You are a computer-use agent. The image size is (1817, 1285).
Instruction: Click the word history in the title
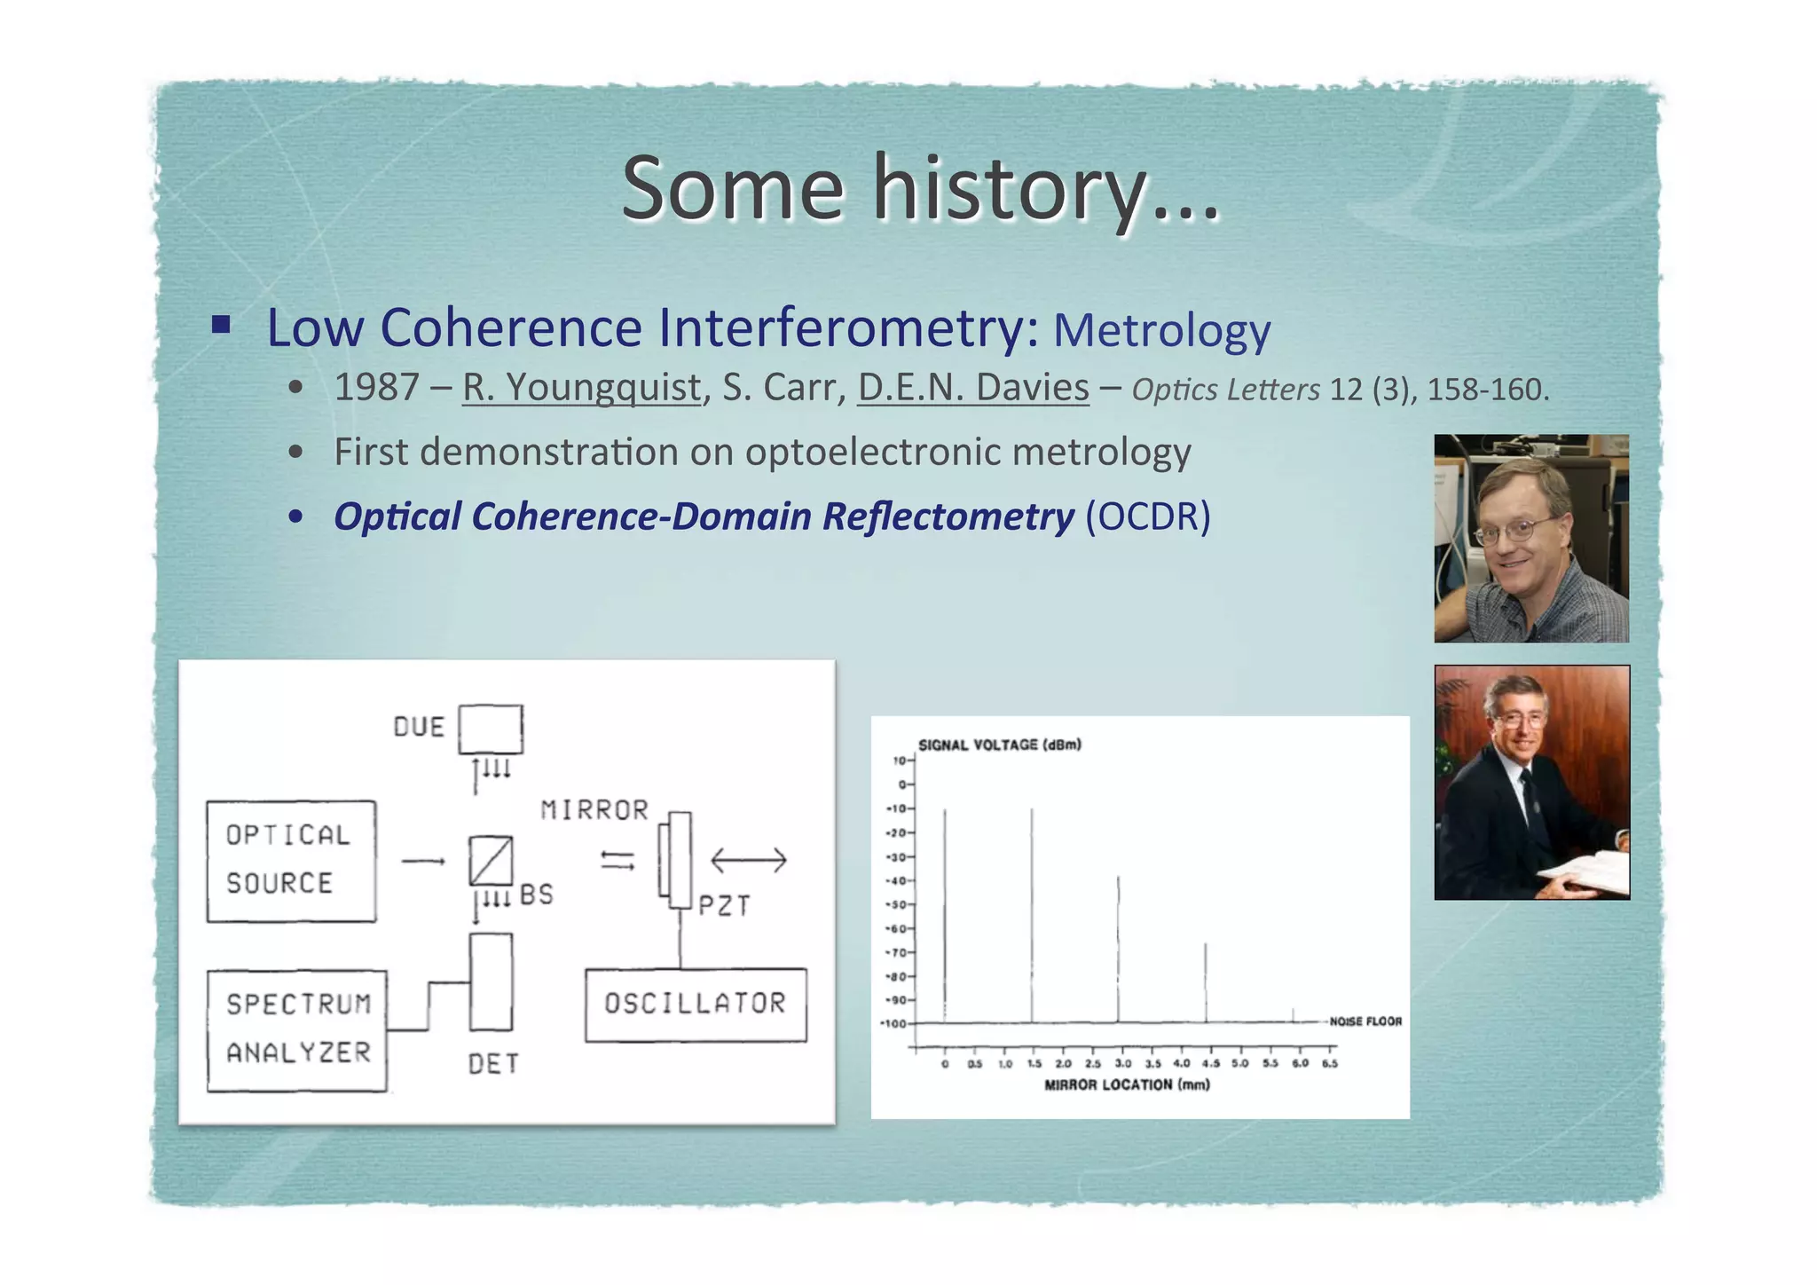coord(1007,189)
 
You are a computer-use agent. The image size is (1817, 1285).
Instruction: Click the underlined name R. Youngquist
coord(581,388)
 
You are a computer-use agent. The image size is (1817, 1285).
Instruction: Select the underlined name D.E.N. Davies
coord(972,388)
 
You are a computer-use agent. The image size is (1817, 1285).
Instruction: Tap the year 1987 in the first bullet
coord(376,388)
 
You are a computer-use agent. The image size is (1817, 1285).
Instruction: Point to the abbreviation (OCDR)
coord(1148,516)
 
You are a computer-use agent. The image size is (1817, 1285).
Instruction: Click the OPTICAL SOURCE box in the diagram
coord(291,861)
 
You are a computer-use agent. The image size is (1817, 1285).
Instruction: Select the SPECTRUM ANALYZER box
coord(297,1029)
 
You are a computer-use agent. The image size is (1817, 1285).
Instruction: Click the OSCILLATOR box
coord(696,1004)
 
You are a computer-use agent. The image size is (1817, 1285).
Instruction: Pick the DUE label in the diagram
coord(419,728)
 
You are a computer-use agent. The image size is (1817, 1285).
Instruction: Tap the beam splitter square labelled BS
coord(491,860)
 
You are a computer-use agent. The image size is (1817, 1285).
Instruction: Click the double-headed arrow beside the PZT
coord(748,860)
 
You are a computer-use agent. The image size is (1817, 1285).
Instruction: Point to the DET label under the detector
coord(493,1064)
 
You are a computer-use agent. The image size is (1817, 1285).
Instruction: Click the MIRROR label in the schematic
coord(594,810)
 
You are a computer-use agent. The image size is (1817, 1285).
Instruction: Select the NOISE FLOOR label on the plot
coord(1365,1021)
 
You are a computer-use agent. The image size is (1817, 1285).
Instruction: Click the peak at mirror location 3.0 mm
coord(1118,950)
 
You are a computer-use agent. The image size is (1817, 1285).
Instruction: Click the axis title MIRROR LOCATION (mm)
coord(1127,1084)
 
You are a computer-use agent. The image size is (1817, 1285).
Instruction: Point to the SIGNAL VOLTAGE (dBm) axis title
coord(999,745)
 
